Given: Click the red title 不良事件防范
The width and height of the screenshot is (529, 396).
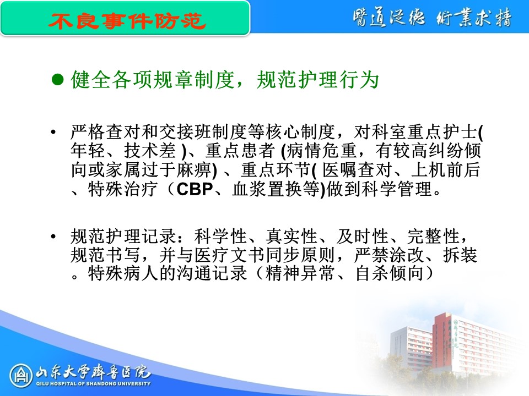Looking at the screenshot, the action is (x=127, y=21).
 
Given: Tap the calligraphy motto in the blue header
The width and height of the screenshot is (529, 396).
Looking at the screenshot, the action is (x=432, y=17).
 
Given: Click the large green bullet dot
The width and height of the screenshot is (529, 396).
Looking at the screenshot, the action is (x=58, y=80).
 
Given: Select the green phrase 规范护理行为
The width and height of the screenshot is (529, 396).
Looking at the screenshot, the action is (x=317, y=80).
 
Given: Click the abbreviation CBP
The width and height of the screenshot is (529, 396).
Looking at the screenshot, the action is (x=195, y=189).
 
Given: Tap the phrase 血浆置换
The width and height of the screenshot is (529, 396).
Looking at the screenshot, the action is (x=267, y=189).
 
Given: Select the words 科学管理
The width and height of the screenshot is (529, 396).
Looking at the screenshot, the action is (x=397, y=189).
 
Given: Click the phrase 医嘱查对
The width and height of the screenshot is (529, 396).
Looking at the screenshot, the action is (x=357, y=170).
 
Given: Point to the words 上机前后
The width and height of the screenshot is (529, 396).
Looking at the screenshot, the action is (x=445, y=170).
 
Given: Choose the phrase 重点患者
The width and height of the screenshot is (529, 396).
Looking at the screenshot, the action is (x=240, y=151).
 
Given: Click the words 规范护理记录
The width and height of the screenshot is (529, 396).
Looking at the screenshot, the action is (x=123, y=236).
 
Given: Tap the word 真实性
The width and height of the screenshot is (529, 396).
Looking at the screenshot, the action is (x=292, y=236).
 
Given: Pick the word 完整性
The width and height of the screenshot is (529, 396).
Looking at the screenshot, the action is (x=433, y=236).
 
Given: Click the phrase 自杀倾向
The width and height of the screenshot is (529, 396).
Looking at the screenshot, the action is (x=390, y=273).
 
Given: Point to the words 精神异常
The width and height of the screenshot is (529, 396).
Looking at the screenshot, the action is (x=300, y=273).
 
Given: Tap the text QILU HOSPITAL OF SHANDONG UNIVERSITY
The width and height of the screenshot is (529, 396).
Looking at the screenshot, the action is (x=94, y=383).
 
